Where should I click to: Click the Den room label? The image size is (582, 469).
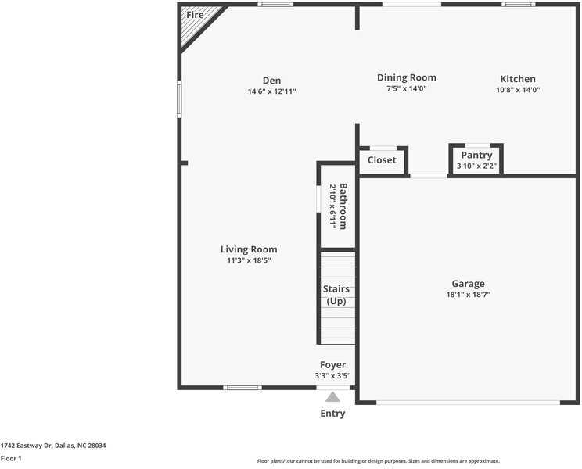click(271, 81)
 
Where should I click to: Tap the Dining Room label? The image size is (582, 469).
click(406, 77)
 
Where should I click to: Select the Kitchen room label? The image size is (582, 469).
click(518, 79)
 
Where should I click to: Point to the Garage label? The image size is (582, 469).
click(468, 284)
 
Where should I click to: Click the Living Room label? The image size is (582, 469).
click(249, 249)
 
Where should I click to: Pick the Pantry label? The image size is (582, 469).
click(476, 156)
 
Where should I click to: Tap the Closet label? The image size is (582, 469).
click(382, 160)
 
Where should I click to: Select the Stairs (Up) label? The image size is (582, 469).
click(336, 295)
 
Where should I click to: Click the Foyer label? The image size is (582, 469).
click(332, 365)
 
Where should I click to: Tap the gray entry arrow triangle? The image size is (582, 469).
click(333, 396)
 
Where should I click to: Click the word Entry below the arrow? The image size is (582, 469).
click(332, 414)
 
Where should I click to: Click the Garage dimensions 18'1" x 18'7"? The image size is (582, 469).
click(468, 295)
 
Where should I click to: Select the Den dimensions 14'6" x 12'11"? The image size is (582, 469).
click(271, 91)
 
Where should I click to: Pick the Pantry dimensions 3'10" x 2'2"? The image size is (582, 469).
click(476, 166)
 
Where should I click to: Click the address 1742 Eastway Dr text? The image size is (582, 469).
click(53, 446)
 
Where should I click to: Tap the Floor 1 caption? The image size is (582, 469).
click(11, 459)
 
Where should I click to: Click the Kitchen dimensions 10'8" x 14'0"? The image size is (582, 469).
click(518, 90)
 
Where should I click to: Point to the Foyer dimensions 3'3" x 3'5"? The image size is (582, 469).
click(332, 376)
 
